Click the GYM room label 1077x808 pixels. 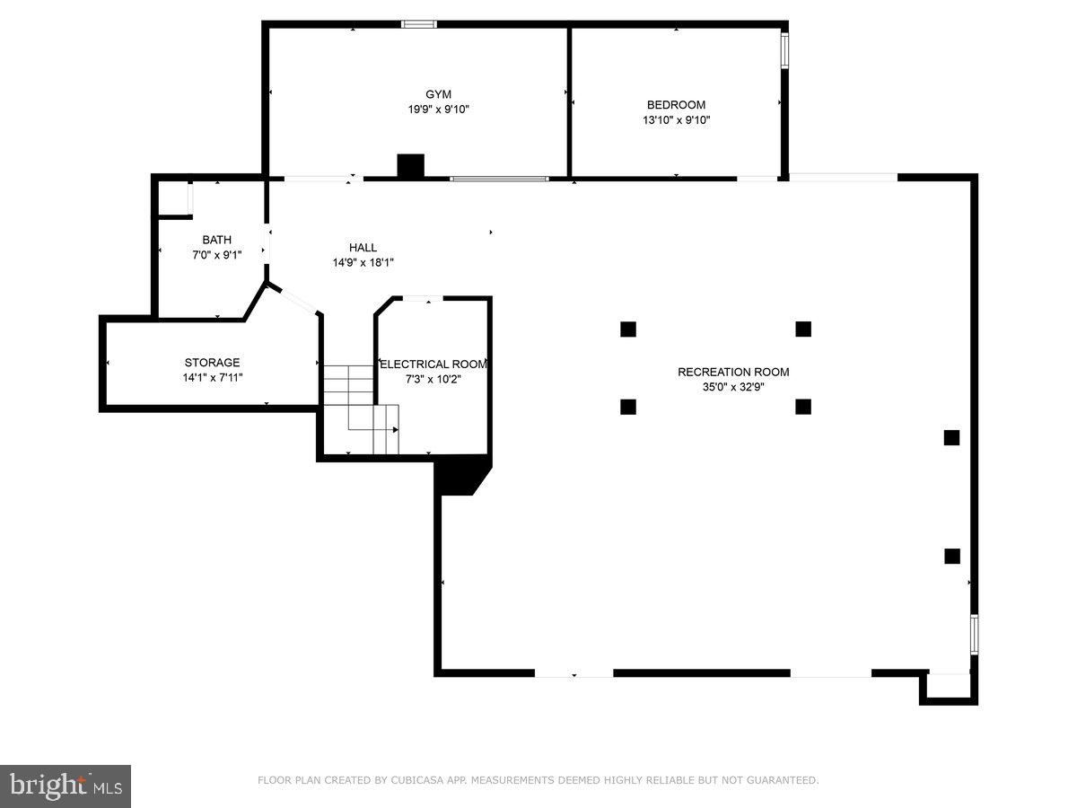[438, 94]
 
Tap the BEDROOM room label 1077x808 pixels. [676, 104]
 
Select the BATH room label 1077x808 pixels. [216, 240]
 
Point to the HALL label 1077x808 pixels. [363, 248]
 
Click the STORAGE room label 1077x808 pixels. [212, 363]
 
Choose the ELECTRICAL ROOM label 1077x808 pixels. [434, 364]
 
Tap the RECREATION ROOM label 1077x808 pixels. [733, 372]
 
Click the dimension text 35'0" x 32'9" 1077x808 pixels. [733, 387]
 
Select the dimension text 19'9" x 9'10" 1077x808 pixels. [438, 110]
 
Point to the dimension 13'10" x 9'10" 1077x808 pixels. [676, 119]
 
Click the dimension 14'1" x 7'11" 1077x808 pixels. [212, 378]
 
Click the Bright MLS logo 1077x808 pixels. [66, 786]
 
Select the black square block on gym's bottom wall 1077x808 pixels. [410, 166]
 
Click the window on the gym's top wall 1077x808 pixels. [418, 24]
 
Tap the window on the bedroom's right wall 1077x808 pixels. [784, 52]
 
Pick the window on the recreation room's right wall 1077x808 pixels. [974, 634]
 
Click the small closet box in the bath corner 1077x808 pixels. [175, 198]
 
